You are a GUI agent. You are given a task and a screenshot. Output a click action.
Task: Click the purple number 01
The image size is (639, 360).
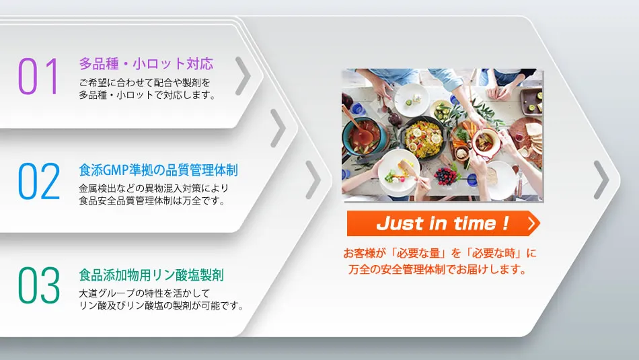tap(38, 76)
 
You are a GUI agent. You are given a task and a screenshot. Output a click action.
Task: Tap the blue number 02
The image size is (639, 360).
tap(39, 181)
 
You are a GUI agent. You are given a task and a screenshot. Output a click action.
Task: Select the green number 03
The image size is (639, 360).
tap(39, 285)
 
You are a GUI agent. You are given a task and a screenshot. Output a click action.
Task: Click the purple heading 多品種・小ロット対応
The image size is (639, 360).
tap(146, 64)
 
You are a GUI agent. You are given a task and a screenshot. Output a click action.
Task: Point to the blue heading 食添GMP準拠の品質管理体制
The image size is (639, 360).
tap(158, 170)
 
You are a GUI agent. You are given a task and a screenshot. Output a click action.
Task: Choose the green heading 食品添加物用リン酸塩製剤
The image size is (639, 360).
tap(151, 275)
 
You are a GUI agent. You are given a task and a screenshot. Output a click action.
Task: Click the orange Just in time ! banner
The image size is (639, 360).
tap(443, 223)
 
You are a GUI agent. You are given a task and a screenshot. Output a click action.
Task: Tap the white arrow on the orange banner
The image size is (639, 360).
tap(531, 223)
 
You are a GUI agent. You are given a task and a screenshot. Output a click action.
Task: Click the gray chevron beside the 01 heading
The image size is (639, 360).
tap(243, 76)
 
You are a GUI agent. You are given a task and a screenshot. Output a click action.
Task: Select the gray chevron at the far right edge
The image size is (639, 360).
tap(601, 180)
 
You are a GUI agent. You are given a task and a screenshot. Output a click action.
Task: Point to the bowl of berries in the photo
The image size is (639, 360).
tap(446, 176)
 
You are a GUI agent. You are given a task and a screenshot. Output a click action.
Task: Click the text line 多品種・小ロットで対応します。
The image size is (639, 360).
tap(147, 95)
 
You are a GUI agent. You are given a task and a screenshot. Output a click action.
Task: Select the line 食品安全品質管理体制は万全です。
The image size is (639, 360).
tap(152, 201)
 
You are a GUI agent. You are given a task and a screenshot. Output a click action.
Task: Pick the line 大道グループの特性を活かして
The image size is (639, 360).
tap(145, 293)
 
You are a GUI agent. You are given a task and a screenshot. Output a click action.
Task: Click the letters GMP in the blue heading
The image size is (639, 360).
tap(116, 170)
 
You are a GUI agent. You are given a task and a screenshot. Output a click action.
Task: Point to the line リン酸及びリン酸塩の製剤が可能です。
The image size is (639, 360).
tap(161, 305)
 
